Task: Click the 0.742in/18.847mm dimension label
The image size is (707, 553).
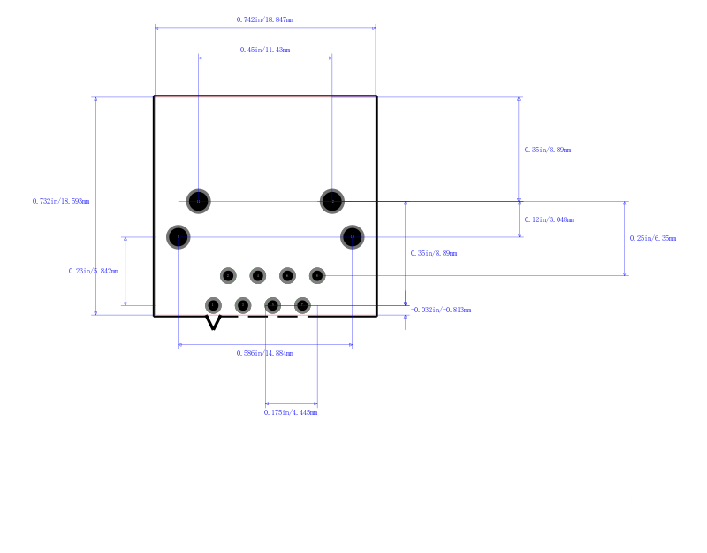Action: (x=265, y=19)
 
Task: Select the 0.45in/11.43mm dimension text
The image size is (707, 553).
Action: (x=265, y=50)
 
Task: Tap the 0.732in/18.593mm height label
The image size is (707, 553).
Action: (x=61, y=201)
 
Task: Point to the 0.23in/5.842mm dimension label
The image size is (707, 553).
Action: (x=93, y=271)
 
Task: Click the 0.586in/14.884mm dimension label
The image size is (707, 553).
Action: (x=265, y=353)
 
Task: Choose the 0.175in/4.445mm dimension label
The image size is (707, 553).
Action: (x=291, y=412)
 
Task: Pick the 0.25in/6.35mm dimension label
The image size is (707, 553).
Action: (x=652, y=238)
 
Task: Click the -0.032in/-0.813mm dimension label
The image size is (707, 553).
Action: (x=441, y=310)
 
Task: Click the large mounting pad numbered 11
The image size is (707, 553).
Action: (x=199, y=202)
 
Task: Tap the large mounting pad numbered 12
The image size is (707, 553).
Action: (x=331, y=202)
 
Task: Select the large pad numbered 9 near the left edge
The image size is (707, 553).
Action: (x=179, y=237)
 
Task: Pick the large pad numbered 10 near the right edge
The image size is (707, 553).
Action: (x=352, y=237)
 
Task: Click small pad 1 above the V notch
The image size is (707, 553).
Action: (x=213, y=305)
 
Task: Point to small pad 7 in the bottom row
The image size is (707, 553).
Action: (x=302, y=305)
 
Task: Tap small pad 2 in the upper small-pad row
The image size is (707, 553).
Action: (x=228, y=276)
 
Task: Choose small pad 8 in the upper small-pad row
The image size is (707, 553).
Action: (x=316, y=276)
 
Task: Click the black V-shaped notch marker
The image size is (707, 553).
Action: (x=213, y=323)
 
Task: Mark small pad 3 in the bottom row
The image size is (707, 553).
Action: (x=243, y=305)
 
